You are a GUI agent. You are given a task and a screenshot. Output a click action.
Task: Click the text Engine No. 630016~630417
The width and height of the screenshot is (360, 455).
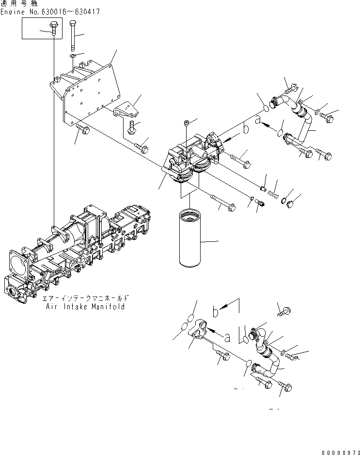(x=50, y=11)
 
